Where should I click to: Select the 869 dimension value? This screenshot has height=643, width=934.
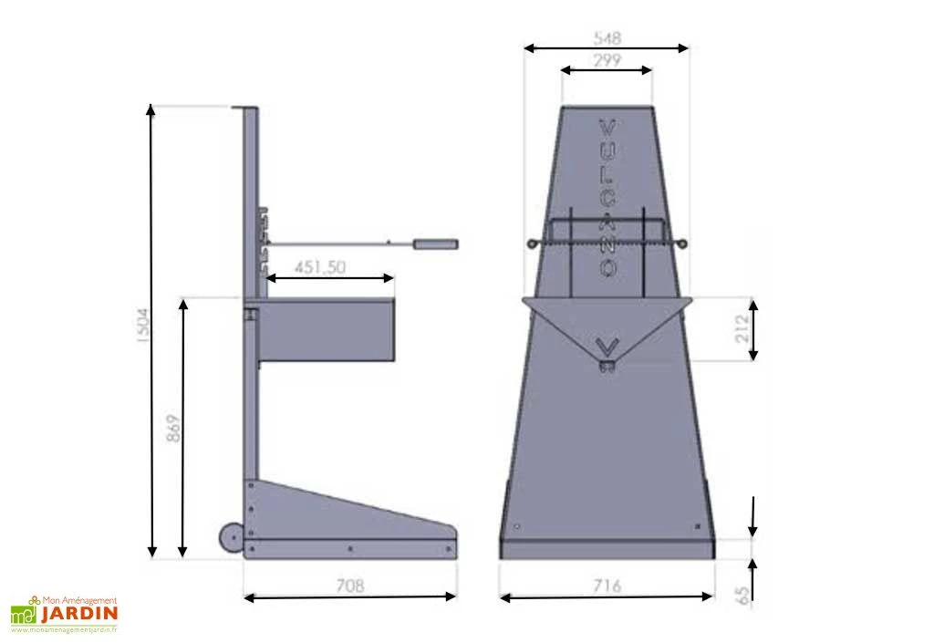tap(173, 428)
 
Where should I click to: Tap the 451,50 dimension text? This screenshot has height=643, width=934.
tap(320, 266)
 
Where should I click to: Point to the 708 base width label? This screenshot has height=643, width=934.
tap(349, 586)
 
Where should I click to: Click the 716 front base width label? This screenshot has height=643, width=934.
tap(606, 586)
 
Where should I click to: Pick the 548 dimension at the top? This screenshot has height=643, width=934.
tap(607, 38)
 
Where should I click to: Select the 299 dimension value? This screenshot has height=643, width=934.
tap(607, 60)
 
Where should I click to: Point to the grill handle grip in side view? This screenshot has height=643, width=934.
tap(435, 244)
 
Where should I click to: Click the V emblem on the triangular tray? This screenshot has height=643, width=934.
tap(607, 347)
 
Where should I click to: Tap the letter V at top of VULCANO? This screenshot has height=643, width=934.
tap(607, 127)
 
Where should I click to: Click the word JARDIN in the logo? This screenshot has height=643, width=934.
tap(79, 613)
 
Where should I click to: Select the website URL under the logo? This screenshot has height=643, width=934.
tap(65, 629)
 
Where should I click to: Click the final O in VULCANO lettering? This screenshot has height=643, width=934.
tap(607, 268)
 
